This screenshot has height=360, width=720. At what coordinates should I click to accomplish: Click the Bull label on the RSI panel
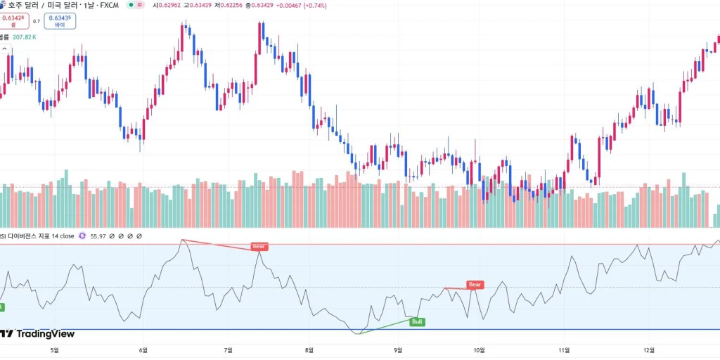coord(418,322)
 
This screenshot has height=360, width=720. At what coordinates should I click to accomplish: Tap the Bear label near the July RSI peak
coord(259,247)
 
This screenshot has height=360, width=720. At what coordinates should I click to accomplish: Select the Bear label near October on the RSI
coord(475,285)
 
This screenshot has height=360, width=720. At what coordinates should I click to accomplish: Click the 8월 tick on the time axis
coord(309,349)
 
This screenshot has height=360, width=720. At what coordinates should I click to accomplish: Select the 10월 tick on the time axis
coord(480,349)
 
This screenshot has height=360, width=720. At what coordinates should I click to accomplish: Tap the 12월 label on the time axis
coord(649,349)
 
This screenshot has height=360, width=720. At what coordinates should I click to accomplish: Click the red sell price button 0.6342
coord(13,21)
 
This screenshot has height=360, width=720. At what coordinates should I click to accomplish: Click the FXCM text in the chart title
coord(109,6)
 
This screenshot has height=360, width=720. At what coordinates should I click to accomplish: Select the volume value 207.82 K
coord(24,37)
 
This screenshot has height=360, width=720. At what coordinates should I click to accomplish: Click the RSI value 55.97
coord(97,236)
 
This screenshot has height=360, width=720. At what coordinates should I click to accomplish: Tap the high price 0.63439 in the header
coord(191,6)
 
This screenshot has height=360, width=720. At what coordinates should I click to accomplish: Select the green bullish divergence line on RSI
coord(384,327)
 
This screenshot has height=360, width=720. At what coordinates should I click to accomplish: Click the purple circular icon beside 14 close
coord(82,236)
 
